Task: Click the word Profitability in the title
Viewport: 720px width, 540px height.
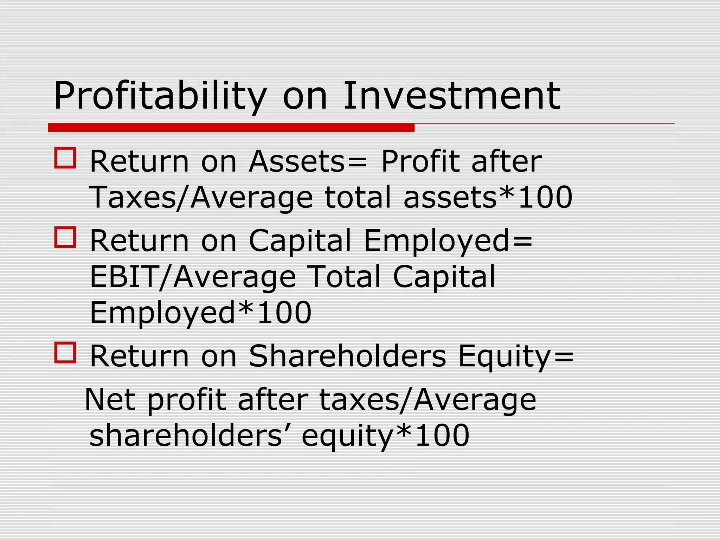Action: [x=160, y=96]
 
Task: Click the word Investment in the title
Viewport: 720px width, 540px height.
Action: [x=451, y=96]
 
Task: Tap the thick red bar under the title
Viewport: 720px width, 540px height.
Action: [x=231, y=128]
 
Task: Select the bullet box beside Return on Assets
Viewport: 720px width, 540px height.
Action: [x=65, y=158]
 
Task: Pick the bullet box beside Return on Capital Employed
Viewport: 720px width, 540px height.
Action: [x=65, y=237]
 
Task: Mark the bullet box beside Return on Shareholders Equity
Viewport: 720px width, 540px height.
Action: [x=65, y=352]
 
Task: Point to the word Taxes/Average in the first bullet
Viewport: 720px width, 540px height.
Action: [x=201, y=198]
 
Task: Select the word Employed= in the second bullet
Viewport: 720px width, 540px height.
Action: [x=448, y=241]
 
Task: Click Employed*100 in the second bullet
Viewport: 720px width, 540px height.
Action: [x=201, y=313]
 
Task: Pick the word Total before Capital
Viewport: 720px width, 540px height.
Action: [x=344, y=277]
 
